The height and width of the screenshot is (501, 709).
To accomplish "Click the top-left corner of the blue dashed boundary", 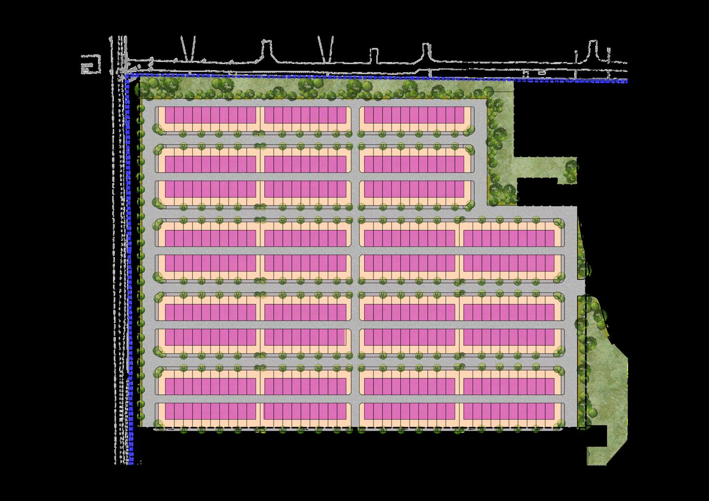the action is coord(128,77).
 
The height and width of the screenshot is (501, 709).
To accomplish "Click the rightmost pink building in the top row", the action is coord(414,115).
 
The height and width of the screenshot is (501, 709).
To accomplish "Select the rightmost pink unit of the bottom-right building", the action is coord(550,411).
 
